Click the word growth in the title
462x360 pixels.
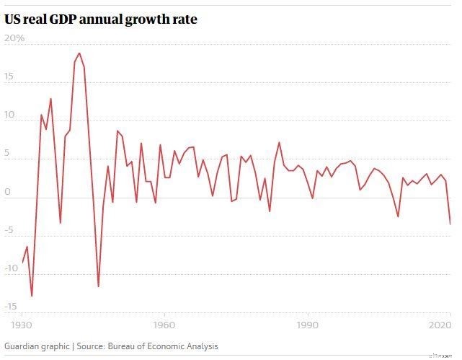[x=146, y=20]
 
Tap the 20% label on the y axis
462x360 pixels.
[x=14, y=38]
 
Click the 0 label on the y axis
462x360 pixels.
[x=7, y=192]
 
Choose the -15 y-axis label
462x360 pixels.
[x=10, y=307]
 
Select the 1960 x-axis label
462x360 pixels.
[x=165, y=325]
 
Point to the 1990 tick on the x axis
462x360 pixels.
[x=308, y=325]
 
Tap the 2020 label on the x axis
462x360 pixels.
[x=440, y=325]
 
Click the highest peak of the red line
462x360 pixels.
[x=79, y=53]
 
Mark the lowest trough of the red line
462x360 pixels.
[x=32, y=296]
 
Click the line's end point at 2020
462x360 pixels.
[x=450, y=224]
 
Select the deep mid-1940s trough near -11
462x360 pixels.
[x=99, y=286]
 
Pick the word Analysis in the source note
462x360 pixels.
[x=199, y=346]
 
